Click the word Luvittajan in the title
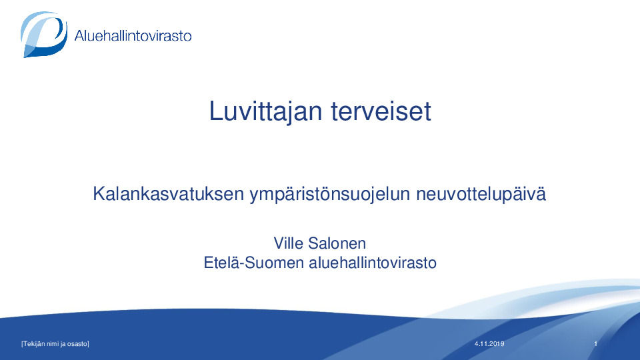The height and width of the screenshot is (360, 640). click(x=266, y=112)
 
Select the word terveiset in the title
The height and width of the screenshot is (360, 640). click(x=381, y=111)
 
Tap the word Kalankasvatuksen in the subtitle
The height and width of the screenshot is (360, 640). click(x=168, y=193)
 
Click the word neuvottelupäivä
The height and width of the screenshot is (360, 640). click(x=481, y=194)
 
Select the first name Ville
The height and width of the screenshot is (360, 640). click(x=288, y=243)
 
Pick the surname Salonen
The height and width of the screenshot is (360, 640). click(x=337, y=243)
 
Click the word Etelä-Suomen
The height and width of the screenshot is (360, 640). click(x=253, y=263)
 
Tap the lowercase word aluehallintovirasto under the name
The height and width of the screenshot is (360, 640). click(x=373, y=263)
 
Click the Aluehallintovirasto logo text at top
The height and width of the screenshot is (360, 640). click(x=133, y=35)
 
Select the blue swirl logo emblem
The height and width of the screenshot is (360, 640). click(x=44, y=34)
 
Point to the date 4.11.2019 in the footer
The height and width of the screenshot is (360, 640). click(x=489, y=344)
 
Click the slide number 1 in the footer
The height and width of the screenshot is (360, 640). click(x=595, y=344)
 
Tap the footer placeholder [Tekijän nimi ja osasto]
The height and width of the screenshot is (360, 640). click(x=55, y=344)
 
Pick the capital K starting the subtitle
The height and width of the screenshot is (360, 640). click(x=99, y=193)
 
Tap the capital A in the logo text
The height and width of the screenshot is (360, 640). click(x=79, y=35)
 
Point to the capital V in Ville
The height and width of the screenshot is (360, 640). click(x=279, y=243)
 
